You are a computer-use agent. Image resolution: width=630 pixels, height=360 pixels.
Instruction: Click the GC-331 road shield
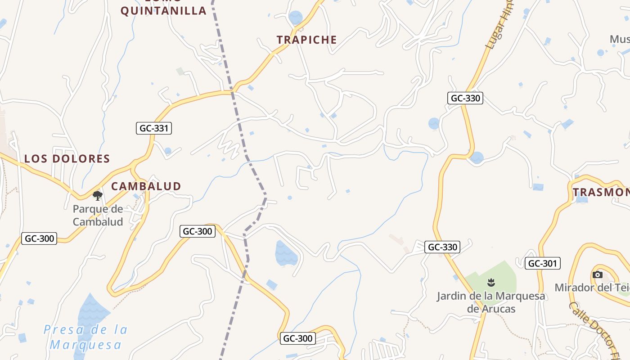point(154,128)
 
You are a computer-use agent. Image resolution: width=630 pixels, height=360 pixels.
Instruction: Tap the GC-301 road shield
point(543,263)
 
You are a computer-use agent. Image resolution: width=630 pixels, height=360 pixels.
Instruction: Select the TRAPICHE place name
point(307,40)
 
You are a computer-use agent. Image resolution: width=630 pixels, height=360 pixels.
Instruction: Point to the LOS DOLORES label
point(67,158)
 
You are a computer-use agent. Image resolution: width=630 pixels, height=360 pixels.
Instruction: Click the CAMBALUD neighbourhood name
point(146,186)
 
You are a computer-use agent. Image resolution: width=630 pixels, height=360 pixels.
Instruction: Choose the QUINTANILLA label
point(163,10)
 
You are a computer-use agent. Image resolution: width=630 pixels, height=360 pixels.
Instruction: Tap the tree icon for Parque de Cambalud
point(98,195)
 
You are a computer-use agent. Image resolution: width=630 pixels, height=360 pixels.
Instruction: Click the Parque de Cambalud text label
point(98,215)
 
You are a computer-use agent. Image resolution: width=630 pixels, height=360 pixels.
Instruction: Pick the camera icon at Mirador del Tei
point(598,274)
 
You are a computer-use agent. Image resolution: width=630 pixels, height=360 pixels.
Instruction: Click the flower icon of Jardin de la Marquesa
point(491,283)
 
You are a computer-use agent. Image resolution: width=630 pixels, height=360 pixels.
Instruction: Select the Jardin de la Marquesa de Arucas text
point(491,302)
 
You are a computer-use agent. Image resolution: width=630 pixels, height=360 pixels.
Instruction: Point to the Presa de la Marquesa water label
point(85,337)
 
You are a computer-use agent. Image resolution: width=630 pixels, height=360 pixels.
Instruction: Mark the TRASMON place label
point(601,193)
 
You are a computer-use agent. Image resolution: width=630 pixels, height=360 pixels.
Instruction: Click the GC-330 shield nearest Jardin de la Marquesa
point(443,247)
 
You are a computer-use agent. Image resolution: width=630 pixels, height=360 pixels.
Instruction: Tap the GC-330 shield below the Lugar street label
point(465,98)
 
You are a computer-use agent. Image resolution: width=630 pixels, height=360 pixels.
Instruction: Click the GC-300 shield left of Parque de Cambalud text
point(40,238)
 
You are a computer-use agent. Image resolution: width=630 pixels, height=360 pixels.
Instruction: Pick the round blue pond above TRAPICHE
point(296,17)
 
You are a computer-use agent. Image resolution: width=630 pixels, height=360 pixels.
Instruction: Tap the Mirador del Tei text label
point(592,287)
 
